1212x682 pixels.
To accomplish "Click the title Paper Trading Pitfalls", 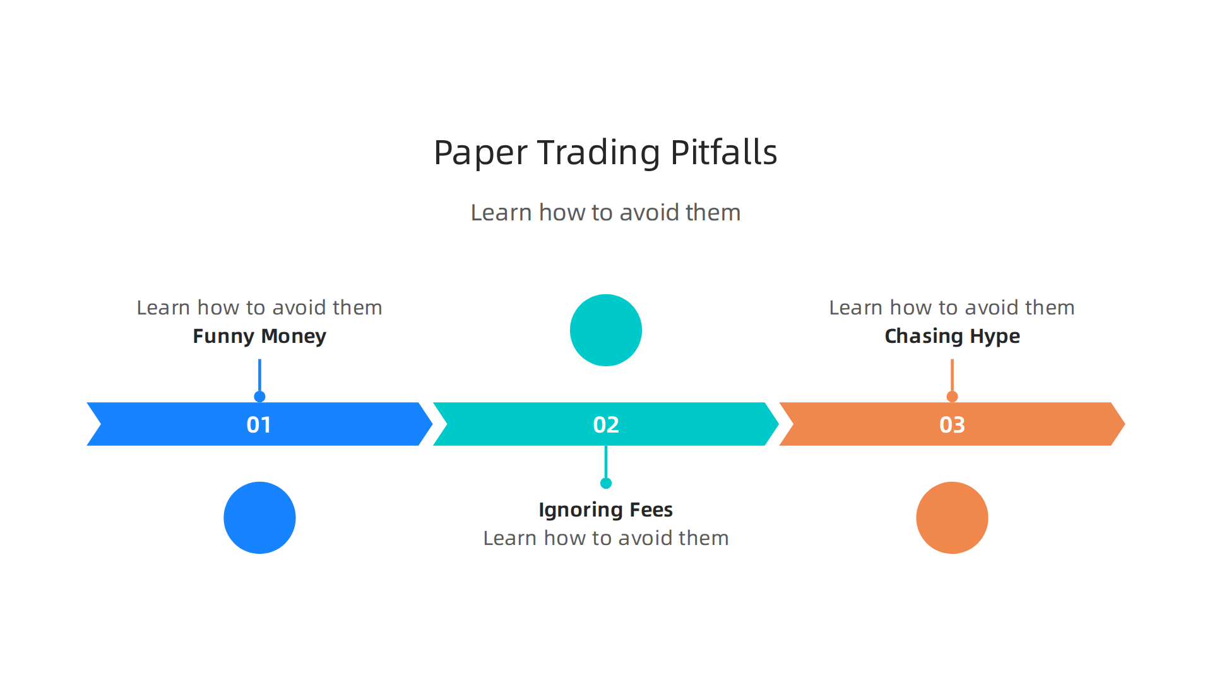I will click(605, 153).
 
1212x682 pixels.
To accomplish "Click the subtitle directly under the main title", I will click(605, 213).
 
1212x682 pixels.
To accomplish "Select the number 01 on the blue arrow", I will click(259, 424).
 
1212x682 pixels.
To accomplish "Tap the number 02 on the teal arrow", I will click(605, 424).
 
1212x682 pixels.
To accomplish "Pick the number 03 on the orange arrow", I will click(952, 424).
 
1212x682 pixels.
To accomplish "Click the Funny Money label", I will click(259, 336).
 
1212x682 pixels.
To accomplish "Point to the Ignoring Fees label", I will click(605, 510).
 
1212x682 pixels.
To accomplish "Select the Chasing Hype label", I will click(952, 336).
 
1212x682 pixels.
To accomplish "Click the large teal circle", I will click(605, 330).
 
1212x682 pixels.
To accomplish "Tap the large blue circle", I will click(259, 517).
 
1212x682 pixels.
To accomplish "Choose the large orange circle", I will click(952, 517).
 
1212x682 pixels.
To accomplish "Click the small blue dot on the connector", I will click(259, 397).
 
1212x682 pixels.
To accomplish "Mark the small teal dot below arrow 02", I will click(606, 483).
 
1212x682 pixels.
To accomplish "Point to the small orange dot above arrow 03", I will click(952, 397).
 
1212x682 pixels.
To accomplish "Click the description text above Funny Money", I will click(259, 308).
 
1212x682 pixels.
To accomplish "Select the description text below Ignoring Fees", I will click(605, 538).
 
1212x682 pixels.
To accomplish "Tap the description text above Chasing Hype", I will click(951, 308).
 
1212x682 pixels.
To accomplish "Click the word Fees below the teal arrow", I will click(651, 510).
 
